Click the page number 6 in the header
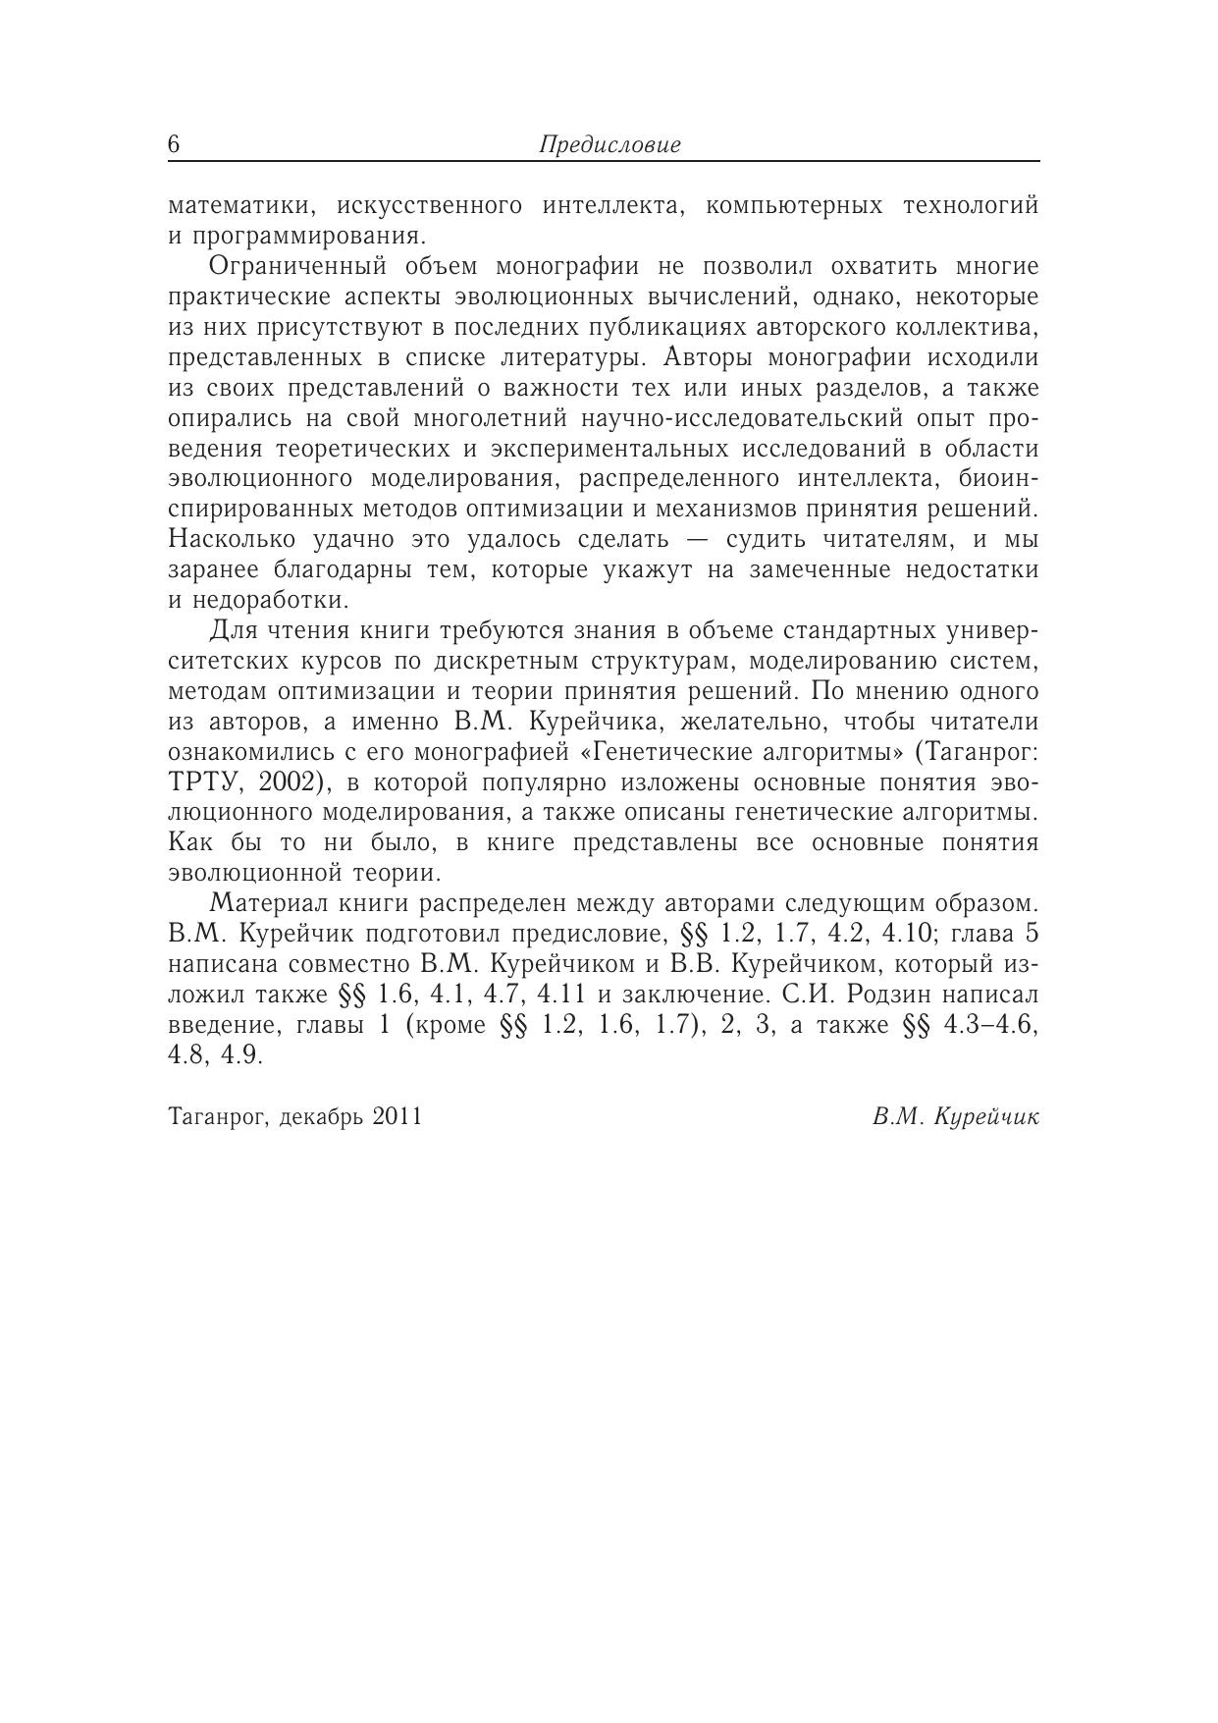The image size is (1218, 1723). (x=174, y=144)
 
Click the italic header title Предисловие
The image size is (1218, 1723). (x=609, y=145)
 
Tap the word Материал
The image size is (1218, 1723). (x=259, y=903)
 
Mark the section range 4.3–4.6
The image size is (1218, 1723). (x=980, y=1025)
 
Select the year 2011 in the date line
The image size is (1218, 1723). (x=397, y=1116)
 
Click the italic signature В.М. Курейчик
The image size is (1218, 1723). (x=954, y=1116)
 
